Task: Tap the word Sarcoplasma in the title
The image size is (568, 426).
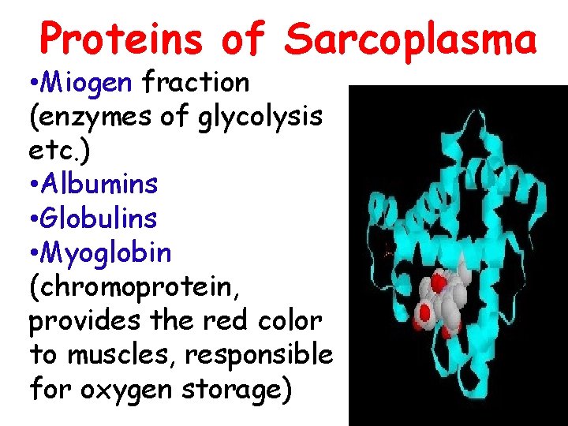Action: (x=410, y=37)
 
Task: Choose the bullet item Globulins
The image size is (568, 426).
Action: (x=99, y=218)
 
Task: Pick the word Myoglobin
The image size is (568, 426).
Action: (x=106, y=253)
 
